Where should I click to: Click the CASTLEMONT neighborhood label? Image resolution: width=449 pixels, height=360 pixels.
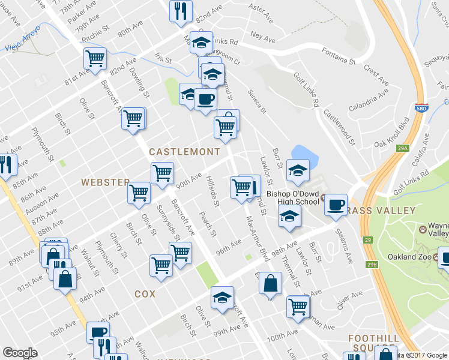click(180, 152)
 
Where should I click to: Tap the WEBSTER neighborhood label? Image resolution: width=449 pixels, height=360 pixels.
click(106, 182)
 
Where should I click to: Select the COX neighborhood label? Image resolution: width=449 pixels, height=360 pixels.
click(145, 294)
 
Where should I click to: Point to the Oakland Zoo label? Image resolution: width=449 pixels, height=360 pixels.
click(410, 257)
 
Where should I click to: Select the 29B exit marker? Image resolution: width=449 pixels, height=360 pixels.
click(372, 264)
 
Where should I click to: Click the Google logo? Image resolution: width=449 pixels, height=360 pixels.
click(19, 353)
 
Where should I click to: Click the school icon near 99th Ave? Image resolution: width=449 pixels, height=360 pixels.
click(222, 296)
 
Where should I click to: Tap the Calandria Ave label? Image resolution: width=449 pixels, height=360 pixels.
click(381, 100)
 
